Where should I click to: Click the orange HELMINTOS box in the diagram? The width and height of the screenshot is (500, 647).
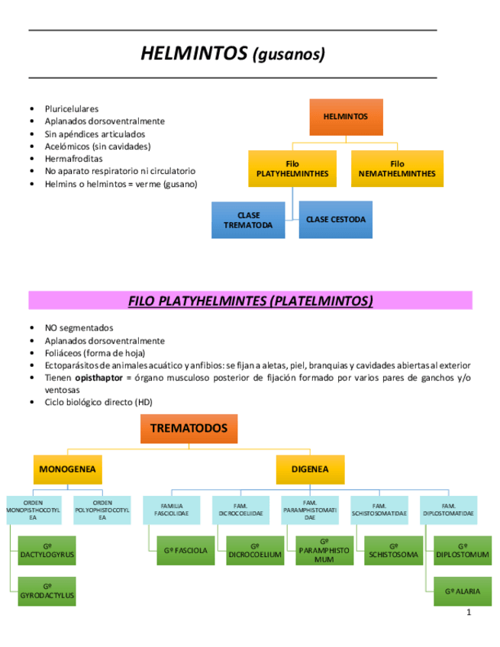click(x=346, y=117)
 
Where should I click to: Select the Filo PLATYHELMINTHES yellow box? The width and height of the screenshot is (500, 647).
click(x=292, y=169)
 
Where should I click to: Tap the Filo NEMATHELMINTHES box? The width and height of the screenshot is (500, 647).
click(x=397, y=169)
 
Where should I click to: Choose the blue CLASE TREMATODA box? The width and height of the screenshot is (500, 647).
click(x=248, y=220)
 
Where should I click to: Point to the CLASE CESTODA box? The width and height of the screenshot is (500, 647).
click(x=335, y=220)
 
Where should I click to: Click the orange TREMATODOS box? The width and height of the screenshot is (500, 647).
click(x=189, y=429)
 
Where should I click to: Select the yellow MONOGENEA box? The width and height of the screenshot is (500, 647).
click(x=67, y=469)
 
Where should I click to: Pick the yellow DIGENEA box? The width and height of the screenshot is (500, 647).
click(x=311, y=469)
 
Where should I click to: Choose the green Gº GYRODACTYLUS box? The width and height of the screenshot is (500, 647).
click(x=47, y=590)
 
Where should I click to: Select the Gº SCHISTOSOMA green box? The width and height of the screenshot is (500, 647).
click(x=393, y=550)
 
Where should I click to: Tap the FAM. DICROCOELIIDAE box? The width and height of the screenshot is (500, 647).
click(x=240, y=510)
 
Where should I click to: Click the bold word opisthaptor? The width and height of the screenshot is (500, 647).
click(x=101, y=378)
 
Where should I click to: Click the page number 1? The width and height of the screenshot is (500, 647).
click(x=469, y=613)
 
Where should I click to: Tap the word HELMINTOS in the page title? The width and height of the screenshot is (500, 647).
click(x=194, y=53)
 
